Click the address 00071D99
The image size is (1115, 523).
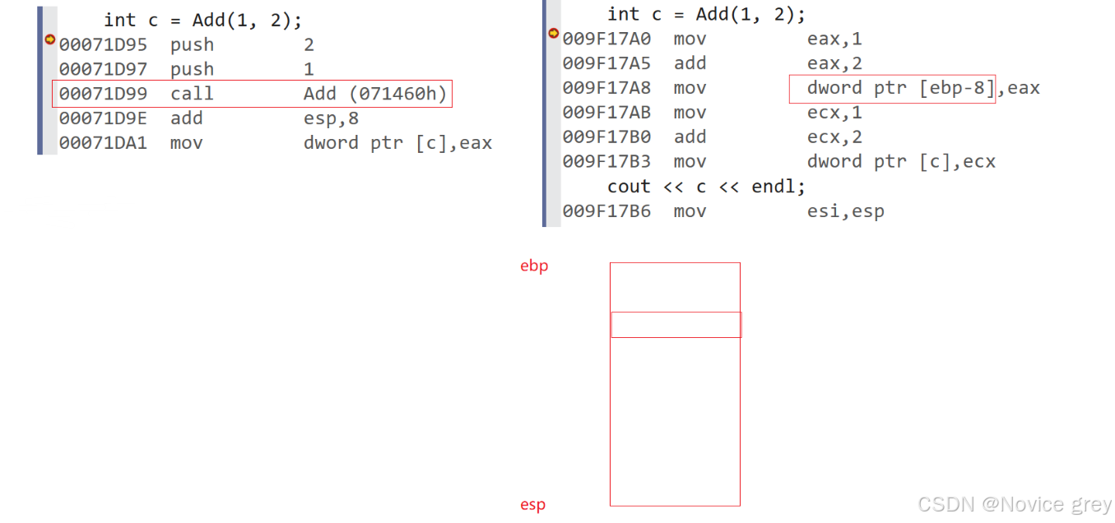coord(103,94)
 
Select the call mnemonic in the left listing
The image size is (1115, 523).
coord(192,94)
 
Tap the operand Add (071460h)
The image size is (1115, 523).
coord(374,94)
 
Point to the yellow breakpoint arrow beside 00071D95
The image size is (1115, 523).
coord(49,39)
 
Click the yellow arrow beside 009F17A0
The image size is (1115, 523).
coord(553,34)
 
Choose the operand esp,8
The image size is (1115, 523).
coord(331,118)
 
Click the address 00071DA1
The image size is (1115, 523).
coord(103,143)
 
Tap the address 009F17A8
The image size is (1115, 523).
coord(606,88)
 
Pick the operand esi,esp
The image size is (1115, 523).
coord(845,211)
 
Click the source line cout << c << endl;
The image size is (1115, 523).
coord(706,187)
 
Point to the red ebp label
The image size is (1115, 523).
coord(534,266)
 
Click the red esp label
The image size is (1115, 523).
coord(532,505)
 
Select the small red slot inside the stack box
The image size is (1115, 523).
coord(676,325)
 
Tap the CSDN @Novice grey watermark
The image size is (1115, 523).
coord(1015,504)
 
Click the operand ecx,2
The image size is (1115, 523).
coord(834,137)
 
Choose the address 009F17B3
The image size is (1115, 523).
coord(606,162)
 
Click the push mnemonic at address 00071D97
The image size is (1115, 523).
coord(192,69)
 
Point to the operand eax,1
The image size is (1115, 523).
coord(834,39)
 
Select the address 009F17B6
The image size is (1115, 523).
coord(606,211)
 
